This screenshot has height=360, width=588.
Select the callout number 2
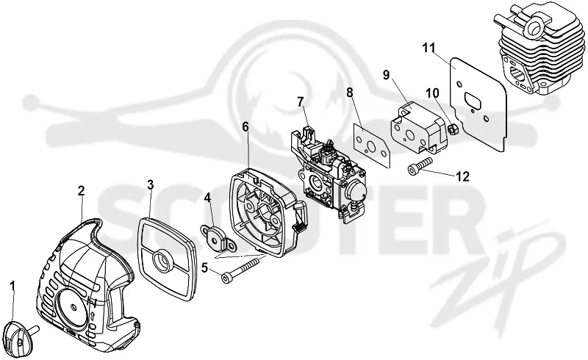pos(81,191)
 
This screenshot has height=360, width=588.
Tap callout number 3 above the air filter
pos(150,184)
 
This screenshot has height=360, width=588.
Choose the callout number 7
pos(301,102)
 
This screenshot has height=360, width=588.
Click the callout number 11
pos(429,48)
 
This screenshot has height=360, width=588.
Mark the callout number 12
pos(462,176)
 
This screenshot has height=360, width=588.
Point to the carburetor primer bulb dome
pos(362,193)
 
